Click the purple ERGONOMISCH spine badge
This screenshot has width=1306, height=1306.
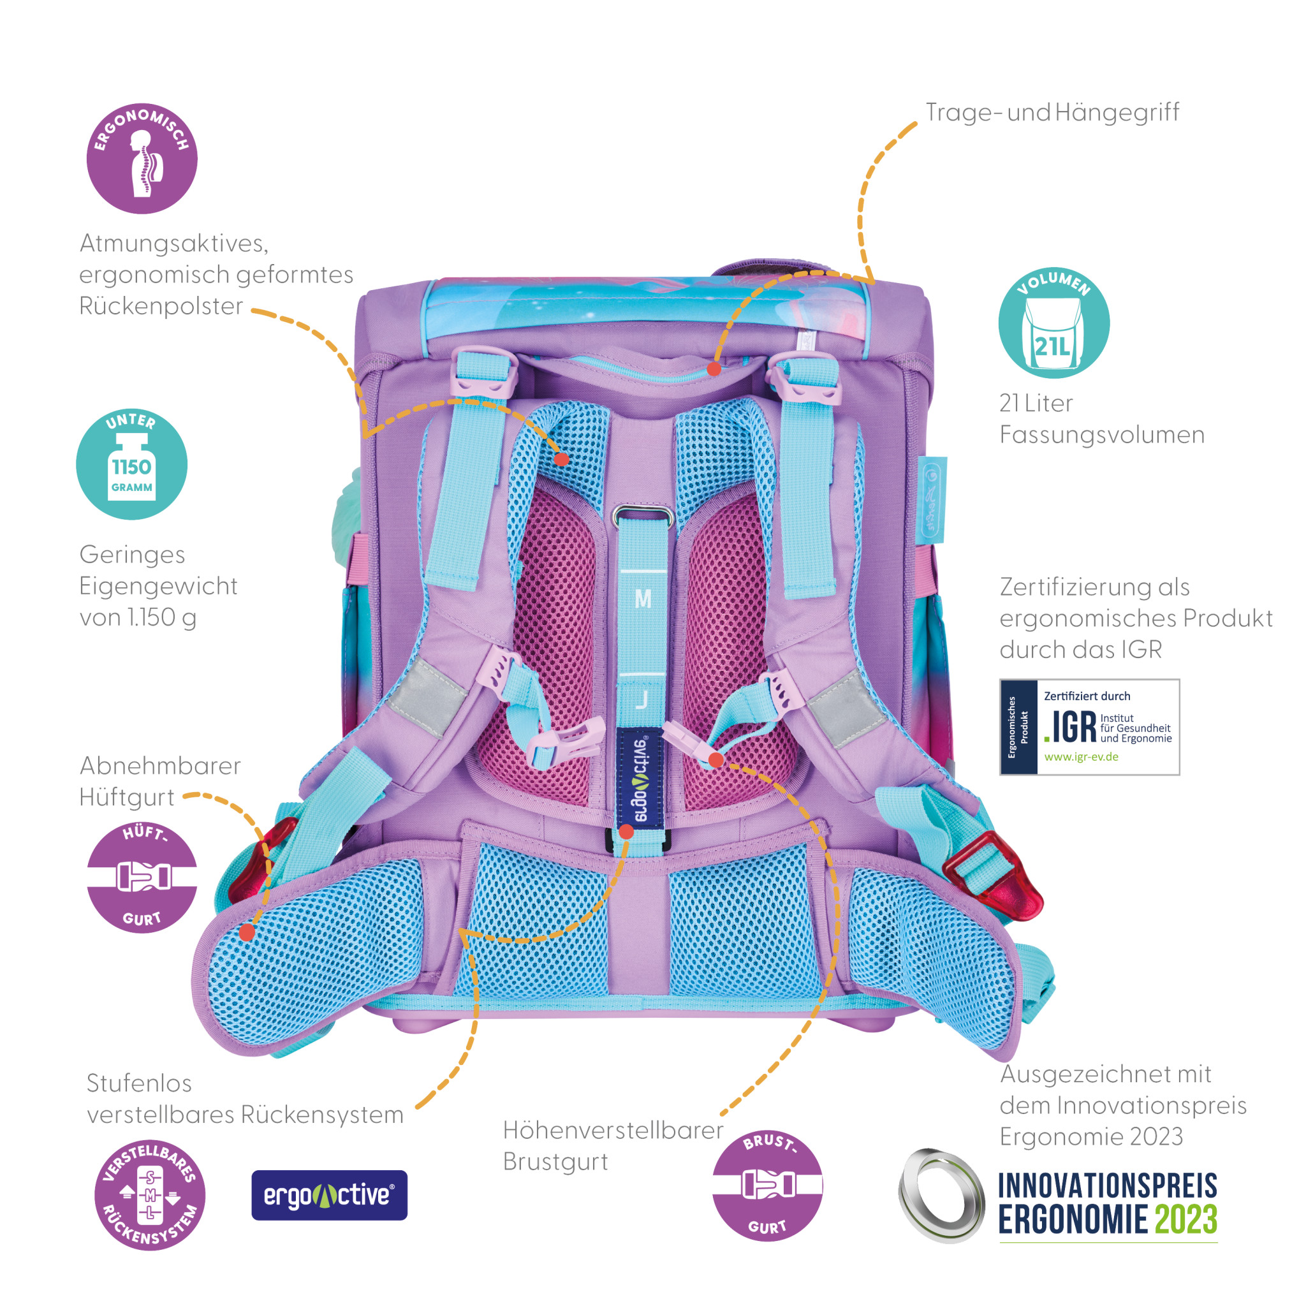pos(142,158)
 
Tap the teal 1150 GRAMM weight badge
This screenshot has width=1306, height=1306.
pos(131,464)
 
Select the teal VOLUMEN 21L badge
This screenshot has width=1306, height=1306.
pos(1054,323)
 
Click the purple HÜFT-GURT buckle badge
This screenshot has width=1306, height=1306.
pos(142,877)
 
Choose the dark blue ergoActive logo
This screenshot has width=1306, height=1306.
pos(329,1195)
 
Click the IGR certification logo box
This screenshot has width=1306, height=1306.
pos(1089,728)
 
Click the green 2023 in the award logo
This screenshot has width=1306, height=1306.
pos(1185,1219)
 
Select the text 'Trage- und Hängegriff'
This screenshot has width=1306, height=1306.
pos(1052,112)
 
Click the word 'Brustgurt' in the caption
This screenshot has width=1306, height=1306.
pos(555,1161)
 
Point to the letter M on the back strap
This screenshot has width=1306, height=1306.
pos(643,599)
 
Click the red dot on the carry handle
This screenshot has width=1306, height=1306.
pos(714,369)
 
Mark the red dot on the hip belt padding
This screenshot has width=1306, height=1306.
pos(247,932)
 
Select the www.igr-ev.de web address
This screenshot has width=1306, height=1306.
pos(1081,757)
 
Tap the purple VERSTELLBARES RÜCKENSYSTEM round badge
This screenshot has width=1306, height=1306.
pos(149,1195)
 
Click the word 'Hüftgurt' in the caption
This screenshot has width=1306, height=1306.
pos(126,797)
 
